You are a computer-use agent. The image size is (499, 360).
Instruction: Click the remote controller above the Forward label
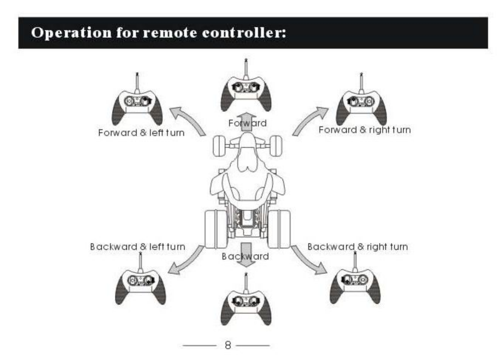[x=246, y=93]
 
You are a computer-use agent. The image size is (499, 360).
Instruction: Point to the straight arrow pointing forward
[x=247, y=120]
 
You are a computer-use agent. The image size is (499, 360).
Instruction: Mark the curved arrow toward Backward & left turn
[x=187, y=261]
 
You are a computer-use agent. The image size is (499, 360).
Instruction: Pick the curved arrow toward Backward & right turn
[x=309, y=261]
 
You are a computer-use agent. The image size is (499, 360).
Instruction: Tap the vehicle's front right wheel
[x=275, y=146]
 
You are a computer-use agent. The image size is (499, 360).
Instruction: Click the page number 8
[x=228, y=345]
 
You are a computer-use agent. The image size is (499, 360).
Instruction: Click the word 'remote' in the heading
[x=170, y=33]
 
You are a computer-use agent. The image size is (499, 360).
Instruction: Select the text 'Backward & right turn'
[x=357, y=247]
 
